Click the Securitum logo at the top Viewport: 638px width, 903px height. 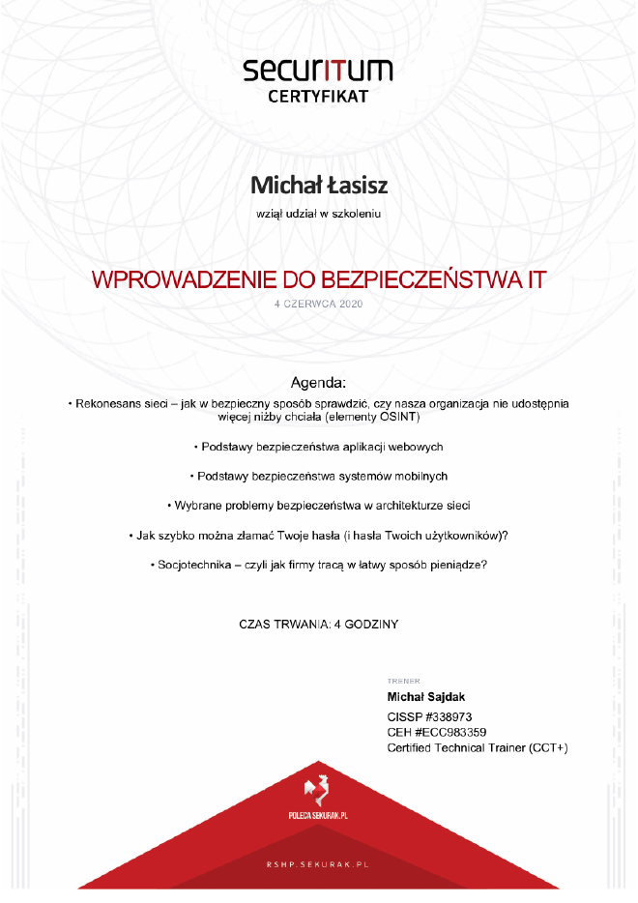318,71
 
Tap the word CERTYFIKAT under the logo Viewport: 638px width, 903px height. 318,97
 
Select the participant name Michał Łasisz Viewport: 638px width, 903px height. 318,184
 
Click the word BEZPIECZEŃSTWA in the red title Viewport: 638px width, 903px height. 420,280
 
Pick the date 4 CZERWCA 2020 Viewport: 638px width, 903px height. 318,304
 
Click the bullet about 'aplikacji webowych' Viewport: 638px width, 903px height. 318,447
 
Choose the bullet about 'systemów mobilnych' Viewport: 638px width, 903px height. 318,476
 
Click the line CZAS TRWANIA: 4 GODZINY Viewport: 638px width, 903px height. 318,625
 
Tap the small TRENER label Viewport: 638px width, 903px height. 403,681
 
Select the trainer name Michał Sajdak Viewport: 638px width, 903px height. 426,697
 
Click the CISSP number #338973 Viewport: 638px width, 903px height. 451,716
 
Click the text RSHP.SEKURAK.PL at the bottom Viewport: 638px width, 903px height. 318,862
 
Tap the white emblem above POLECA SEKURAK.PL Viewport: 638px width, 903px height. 317,791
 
